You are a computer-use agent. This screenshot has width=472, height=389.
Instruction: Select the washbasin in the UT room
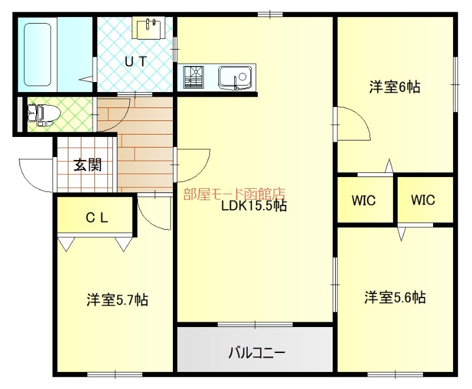pyautogui.click(x=148, y=28)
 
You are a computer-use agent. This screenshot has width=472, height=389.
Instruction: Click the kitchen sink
pyautogui.click(x=235, y=77)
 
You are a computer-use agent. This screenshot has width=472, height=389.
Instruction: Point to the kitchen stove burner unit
pyautogui.click(x=194, y=77)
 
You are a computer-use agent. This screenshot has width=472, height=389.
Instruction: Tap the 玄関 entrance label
pyautogui.click(x=87, y=165)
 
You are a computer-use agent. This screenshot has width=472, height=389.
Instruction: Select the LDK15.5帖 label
pyautogui.click(x=254, y=206)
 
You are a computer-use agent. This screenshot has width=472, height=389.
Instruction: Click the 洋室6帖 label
pyautogui.click(x=395, y=87)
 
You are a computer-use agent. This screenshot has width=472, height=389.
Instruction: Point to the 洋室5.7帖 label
pyautogui.click(x=117, y=300)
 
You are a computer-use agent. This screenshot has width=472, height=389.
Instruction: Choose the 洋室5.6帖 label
pyautogui.click(x=395, y=297)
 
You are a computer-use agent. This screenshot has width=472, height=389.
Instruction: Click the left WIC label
pyautogui.click(x=364, y=200)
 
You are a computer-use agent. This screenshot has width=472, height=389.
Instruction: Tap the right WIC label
pyautogui.click(x=423, y=200)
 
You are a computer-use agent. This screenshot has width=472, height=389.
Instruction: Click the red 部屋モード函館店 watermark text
pyautogui.click(x=234, y=194)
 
